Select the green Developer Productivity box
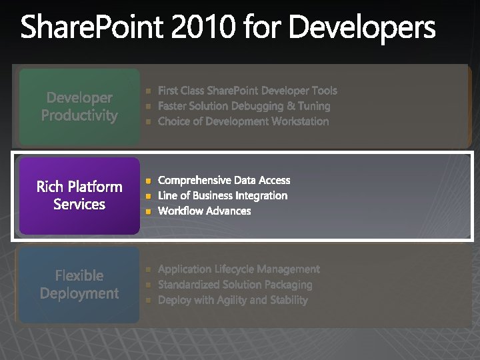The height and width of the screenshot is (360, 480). (79, 107)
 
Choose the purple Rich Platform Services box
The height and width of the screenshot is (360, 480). (79, 195)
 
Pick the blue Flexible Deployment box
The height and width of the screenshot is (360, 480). (79, 285)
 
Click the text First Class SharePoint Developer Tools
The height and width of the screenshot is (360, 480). (247, 91)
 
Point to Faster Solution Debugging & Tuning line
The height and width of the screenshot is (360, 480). (244, 106)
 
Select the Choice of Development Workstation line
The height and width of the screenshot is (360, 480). (243, 121)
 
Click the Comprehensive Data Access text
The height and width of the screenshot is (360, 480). (224, 180)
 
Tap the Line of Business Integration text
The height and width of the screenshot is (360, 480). (223, 195)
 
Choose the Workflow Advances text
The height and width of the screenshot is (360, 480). (205, 211)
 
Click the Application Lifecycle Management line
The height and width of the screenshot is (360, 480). (239, 269)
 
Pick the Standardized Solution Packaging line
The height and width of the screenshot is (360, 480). (235, 285)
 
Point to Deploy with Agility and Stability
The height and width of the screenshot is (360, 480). (233, 300)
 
